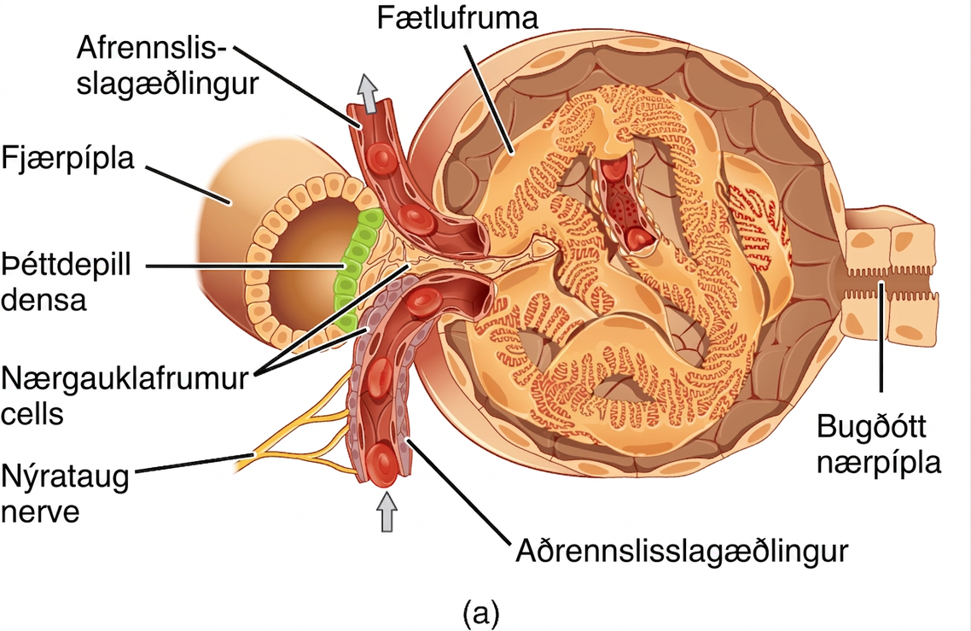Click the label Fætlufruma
click(x=458, y=19)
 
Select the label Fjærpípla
click(x=67, y=159)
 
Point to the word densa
click(x=44, y=300)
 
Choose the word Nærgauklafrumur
click(x=125, y=378)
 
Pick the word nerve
click(x=41, y=513)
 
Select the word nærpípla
click(x=879, y=463)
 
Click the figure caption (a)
click(x=480, y=613)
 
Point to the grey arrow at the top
click(x=369, y=94)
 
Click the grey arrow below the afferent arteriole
click(x=387, y=511)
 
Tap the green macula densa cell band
click(x=352, y=270)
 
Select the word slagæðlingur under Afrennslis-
click(x=167, y=84)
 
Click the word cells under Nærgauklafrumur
click(x=32, y=412)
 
